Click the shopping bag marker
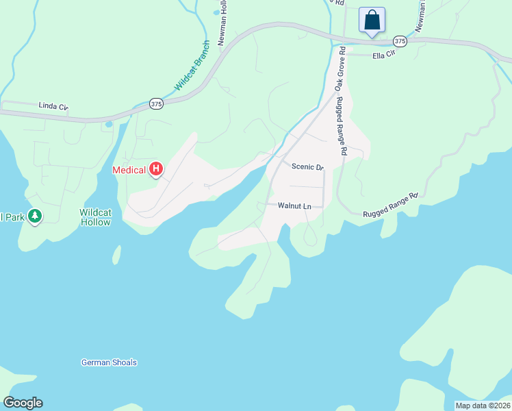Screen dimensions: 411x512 pos(372,20)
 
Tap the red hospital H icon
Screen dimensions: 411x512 pos(156,169)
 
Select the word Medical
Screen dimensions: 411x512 pos(129,170)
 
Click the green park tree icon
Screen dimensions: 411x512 pos(35,216)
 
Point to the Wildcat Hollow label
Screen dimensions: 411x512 pos(95,217)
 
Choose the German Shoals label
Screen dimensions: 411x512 pos(109,362)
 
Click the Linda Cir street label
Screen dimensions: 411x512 pos(54,106)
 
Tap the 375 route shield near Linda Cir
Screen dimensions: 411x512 pos(156,103)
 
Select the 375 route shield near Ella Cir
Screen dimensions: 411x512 pos(400,42)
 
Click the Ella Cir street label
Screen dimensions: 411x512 pos(384,53)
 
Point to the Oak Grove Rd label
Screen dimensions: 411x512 pos(339,73)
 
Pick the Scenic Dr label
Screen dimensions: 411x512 pos(307,166)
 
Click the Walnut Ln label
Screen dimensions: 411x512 pos(294,206)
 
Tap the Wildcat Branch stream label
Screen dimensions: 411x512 pos(192,73)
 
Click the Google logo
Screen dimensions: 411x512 pos(23,403)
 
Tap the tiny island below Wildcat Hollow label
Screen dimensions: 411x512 pos(116,255)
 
